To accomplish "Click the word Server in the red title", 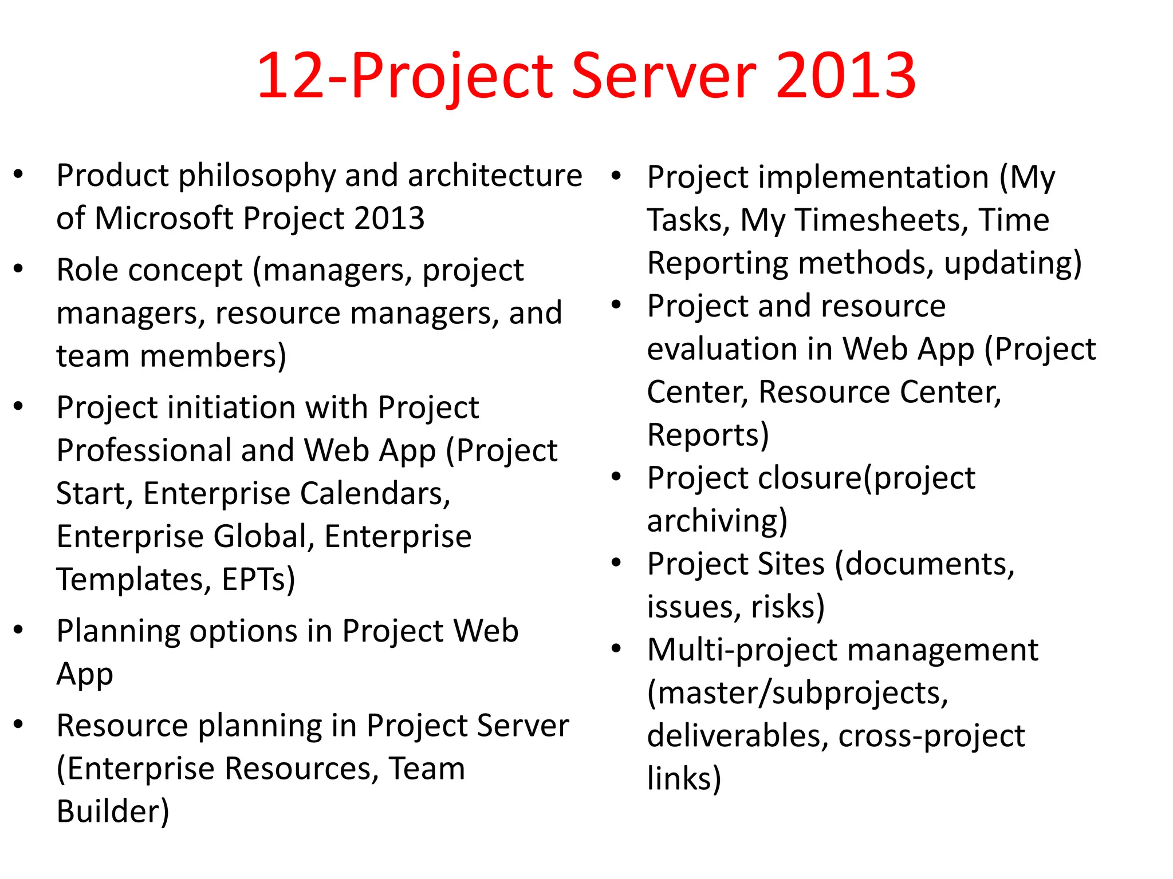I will (664, 76).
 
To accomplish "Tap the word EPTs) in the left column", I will (258, 580).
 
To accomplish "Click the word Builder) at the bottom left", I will (113, 812).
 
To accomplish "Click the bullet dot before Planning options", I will (18, 629).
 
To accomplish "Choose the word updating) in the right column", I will (1013, 263).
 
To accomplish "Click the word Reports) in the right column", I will (708, 435).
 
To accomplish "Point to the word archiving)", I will (717, 521).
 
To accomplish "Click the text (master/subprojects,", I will (797, 694).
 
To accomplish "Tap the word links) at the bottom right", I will (684, 779).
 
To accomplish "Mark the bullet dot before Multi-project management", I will (616, 648).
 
